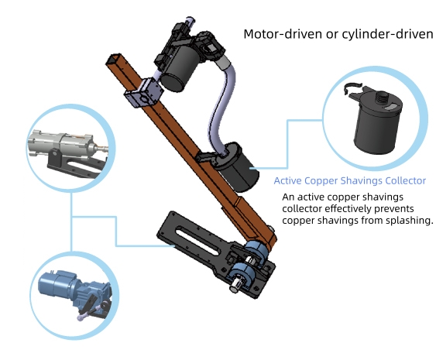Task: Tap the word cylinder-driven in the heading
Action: click(387, 34)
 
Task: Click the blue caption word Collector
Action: click(406, 180)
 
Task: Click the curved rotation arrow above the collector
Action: click(352, 87)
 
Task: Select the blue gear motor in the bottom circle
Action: click(74, 289)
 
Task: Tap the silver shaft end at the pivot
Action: click(235, 286)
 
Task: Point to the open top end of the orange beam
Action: click(114, 59)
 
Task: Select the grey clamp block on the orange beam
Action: click(143, 94)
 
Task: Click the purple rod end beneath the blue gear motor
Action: click(83, 317)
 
